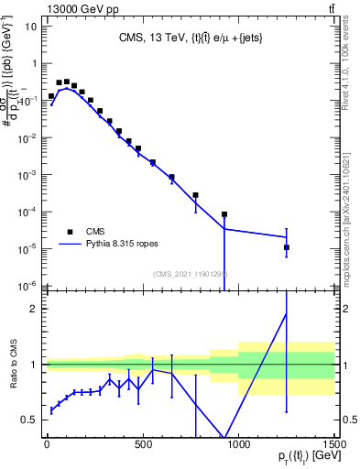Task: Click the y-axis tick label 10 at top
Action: tap(30, 26)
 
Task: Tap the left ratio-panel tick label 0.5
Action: tap(30, 420)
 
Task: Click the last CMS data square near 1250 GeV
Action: tap(286, 247)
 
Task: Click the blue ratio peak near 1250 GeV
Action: tap(286, 313)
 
